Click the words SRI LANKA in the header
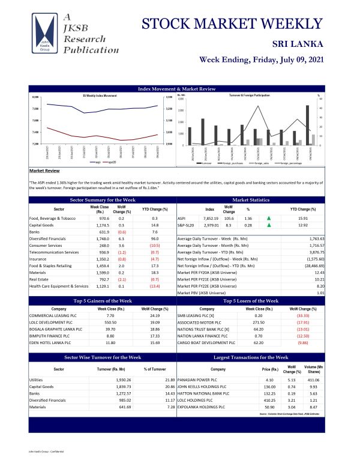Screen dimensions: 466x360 point(298,44)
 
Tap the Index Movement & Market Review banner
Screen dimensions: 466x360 point(176,89)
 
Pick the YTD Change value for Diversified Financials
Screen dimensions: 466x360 point(154,238)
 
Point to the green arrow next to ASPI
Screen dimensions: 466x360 point(269,219)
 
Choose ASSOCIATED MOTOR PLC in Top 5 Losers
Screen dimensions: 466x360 point(200,322)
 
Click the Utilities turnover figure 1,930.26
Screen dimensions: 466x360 point(118,380)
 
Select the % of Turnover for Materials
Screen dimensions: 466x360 point(170,407)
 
